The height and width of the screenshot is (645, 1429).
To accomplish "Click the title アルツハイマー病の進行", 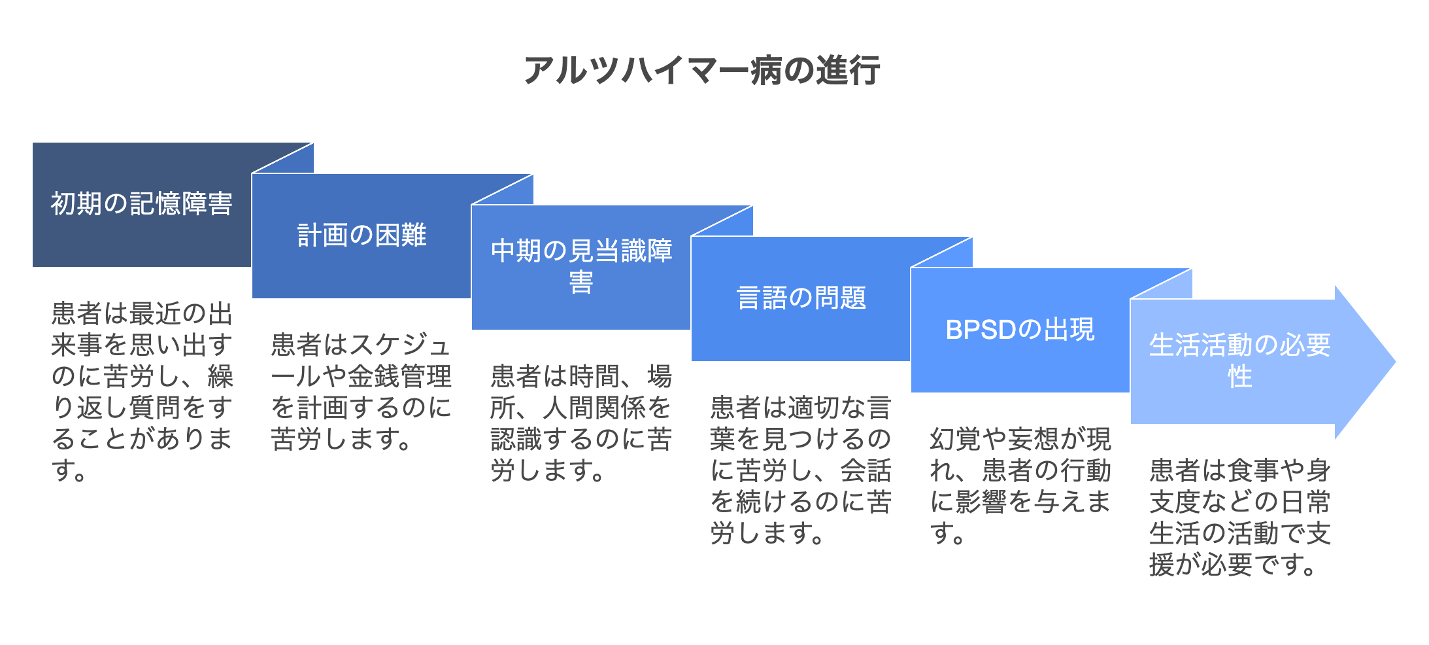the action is click(x=701, y=71).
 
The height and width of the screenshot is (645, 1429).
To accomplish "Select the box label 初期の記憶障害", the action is click(x=142, y=204).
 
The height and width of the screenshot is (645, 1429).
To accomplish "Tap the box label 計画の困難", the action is click(x=361, y=235).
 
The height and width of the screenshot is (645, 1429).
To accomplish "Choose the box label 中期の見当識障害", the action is click(x=581, y=266).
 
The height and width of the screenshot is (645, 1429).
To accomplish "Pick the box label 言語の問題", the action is click(x=801, y=298).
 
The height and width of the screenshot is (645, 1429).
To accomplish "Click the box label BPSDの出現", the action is click(x=1020, y=330).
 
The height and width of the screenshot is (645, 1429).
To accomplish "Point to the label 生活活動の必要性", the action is click(x=1239, y=360).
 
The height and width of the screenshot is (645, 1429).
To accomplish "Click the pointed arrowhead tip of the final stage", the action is click(x=1395, y=361).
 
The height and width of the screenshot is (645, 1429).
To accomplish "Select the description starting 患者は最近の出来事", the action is click(x=142, y=392).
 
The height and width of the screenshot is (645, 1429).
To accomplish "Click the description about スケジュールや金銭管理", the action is click(x=361, y=392).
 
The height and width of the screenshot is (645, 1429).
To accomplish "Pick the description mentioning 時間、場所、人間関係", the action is click(x=581, y=423).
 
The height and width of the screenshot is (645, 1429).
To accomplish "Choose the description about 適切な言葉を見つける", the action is click(x=801, y=470).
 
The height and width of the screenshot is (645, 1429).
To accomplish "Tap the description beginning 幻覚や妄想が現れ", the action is click(x=1020, y=486).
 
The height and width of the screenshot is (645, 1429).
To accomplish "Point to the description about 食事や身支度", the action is click(x=1239, y=517).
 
